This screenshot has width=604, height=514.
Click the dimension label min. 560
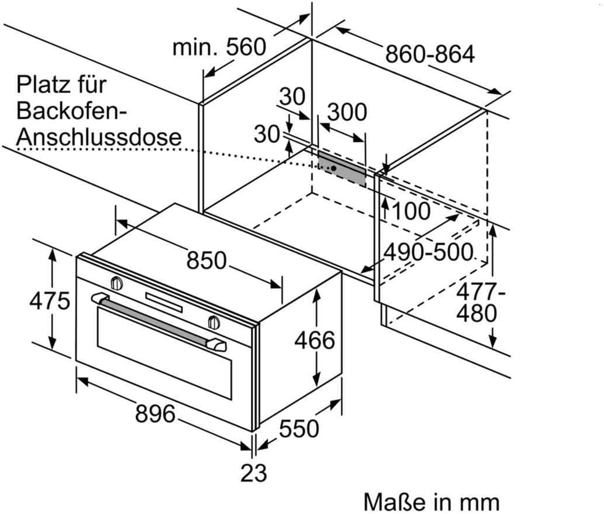pyautogui.click(x=219, y=47)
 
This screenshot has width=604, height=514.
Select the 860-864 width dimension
pyautogui.click(x=430, y=54)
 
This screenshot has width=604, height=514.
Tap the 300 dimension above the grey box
pyautogui.click(x=347, y=112)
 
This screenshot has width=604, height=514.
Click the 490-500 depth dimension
pyautogui.click(x=427, y=252)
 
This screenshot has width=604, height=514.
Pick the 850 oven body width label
pyautogui.click(x=206, y=260)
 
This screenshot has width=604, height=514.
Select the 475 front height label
pyautogui.click(x=50, y=301)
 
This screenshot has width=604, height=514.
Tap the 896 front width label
pyautogui.click(x=155, y=414)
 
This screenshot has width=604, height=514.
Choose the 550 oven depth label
pyautogui.click(x=299, y=429)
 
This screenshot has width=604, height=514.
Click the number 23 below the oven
pyautogui.click(x=253, y=472)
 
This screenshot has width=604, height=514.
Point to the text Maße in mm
pyautogui.click(x=432, y=502)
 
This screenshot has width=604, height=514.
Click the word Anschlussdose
pyautogui.click(x=99, y=136)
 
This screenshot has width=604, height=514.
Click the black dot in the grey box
pyautogui.click(x=333, y=167)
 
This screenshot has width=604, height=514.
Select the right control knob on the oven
pyautogui.click(x=213, y=321)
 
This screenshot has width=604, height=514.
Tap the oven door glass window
pyautogui.click(x=164, y=357)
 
